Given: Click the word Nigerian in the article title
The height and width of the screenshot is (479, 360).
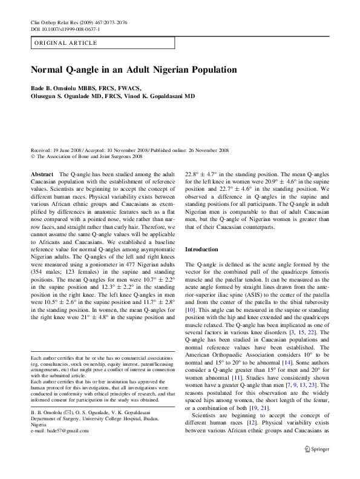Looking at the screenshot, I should pos(160,70).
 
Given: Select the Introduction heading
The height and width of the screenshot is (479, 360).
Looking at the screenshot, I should pos(201,249).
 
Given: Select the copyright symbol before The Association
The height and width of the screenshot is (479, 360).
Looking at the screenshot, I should pos(33,156).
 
